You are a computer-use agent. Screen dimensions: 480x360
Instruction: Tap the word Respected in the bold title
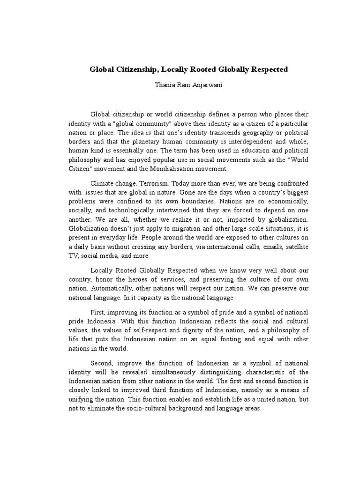point(267,69)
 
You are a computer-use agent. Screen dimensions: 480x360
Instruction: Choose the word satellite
point(293,247)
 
